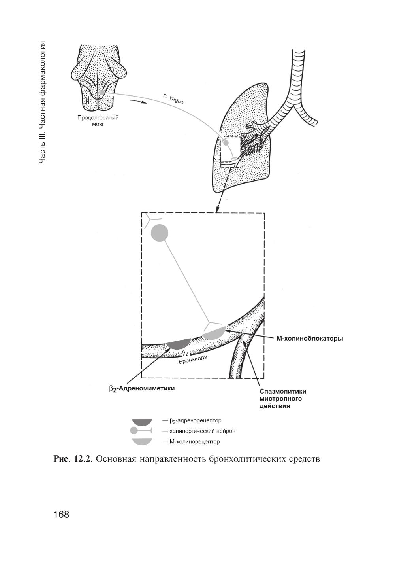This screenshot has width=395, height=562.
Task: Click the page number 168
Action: pos(61,515)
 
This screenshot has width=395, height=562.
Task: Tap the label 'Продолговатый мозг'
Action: pos(98,121)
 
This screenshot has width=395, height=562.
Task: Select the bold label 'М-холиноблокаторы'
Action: pos(309,339)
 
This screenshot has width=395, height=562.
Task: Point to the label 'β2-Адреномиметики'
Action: pos(142,388)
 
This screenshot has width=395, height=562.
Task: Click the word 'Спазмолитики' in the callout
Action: pos(283,392)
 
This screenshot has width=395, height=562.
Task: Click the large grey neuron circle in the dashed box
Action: pos(160,233)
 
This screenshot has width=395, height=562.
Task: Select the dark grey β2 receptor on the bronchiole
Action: pos(179,343)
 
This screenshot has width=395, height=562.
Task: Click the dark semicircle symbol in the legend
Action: pos(142,422)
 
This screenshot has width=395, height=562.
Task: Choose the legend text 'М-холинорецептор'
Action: pos(194,441)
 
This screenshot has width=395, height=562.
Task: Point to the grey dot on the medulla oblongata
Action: pos(102,92)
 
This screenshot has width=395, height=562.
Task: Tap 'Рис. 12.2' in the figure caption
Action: pos(72,459)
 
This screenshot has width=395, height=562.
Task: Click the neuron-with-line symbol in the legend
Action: pos(141,431)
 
